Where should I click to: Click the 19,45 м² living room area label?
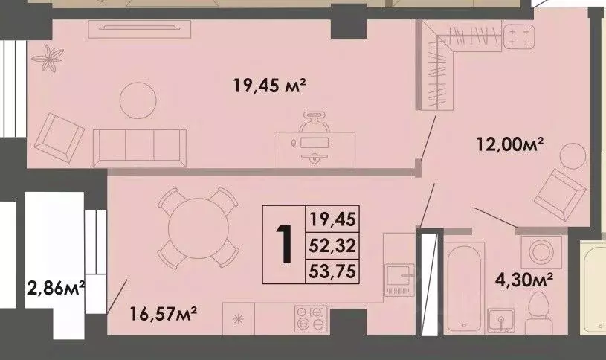coord(270,86)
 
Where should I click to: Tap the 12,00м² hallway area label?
coord(511,144)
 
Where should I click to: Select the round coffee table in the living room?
coord(139,98)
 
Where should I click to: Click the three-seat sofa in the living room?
coord(139,146)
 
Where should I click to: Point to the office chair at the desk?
coord(313,122)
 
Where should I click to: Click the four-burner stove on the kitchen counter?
coord(312,319)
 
